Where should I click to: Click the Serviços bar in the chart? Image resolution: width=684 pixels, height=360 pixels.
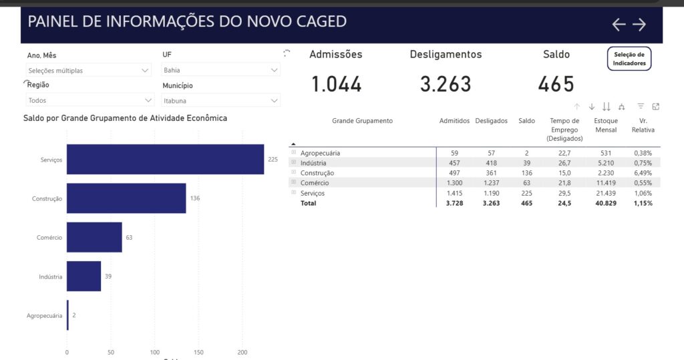point(165,159)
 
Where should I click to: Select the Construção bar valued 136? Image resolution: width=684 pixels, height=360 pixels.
point(126,198)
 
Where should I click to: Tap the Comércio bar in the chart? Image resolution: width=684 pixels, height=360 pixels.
point(94,237)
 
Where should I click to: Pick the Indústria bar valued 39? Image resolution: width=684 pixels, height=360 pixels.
point(83,276)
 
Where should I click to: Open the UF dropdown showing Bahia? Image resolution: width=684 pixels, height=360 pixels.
point(220,70)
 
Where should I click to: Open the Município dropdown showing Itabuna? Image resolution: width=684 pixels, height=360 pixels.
point(220,101)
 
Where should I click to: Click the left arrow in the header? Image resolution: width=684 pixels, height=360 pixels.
point(619,25)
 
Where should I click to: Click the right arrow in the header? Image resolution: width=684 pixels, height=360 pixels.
point(639,25)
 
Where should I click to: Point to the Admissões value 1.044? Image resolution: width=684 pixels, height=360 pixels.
point(337,84)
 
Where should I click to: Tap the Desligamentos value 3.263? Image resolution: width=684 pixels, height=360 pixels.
point(446,84)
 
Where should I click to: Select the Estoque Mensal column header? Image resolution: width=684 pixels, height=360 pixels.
point(606,125)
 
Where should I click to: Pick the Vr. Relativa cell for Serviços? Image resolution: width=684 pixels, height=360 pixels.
point(644,193)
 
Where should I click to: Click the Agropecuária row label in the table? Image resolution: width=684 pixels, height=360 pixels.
point(320,153)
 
